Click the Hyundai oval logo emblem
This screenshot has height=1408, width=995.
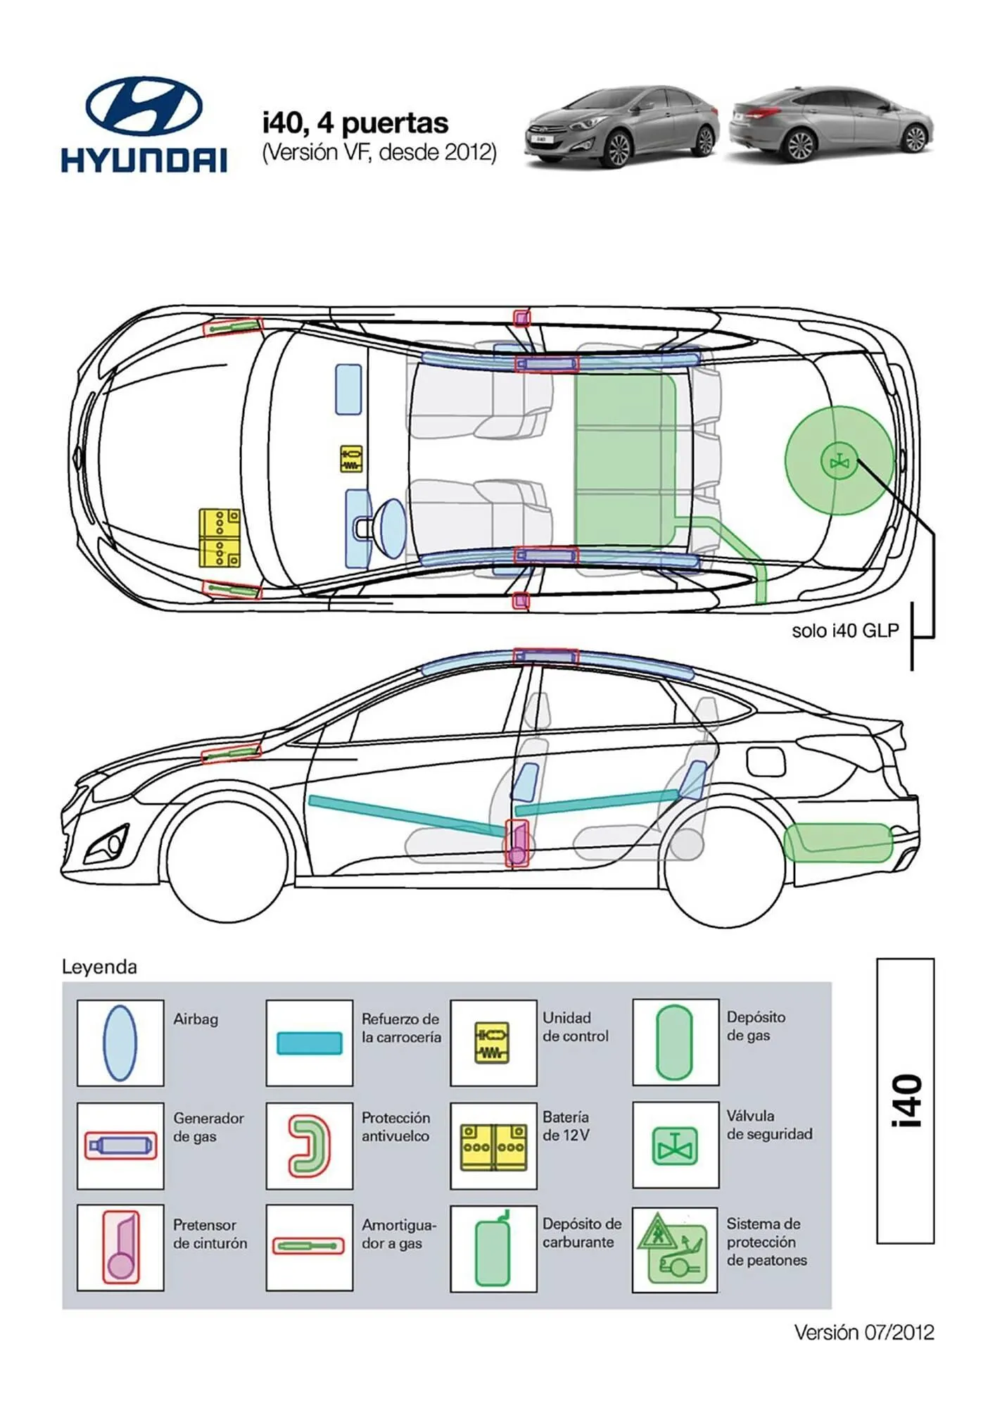(144, 106)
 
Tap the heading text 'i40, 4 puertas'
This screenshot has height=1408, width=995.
(355, 123)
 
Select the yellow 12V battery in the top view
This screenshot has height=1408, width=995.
(219, 538)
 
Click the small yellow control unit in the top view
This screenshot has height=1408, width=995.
(351, 459)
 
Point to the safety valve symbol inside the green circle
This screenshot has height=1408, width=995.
(839, 463)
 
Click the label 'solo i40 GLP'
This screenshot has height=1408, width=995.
(845, 631)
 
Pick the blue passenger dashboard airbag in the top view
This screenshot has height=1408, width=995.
(348, 389)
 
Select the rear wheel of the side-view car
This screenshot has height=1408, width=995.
(725, 865)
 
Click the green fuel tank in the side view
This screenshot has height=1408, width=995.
(837, 843)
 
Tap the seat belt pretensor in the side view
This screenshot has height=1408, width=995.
(517, 843)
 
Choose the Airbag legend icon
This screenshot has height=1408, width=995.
(120, 1043)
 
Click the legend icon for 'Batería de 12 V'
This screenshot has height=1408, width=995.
(493, 1147)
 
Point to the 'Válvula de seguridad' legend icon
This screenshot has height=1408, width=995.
(675, 1145)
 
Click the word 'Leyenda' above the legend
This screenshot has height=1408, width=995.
(99, 967)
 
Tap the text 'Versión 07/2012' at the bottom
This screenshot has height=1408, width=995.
(863, 1332)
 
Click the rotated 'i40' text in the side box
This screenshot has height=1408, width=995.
(906, 1101)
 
